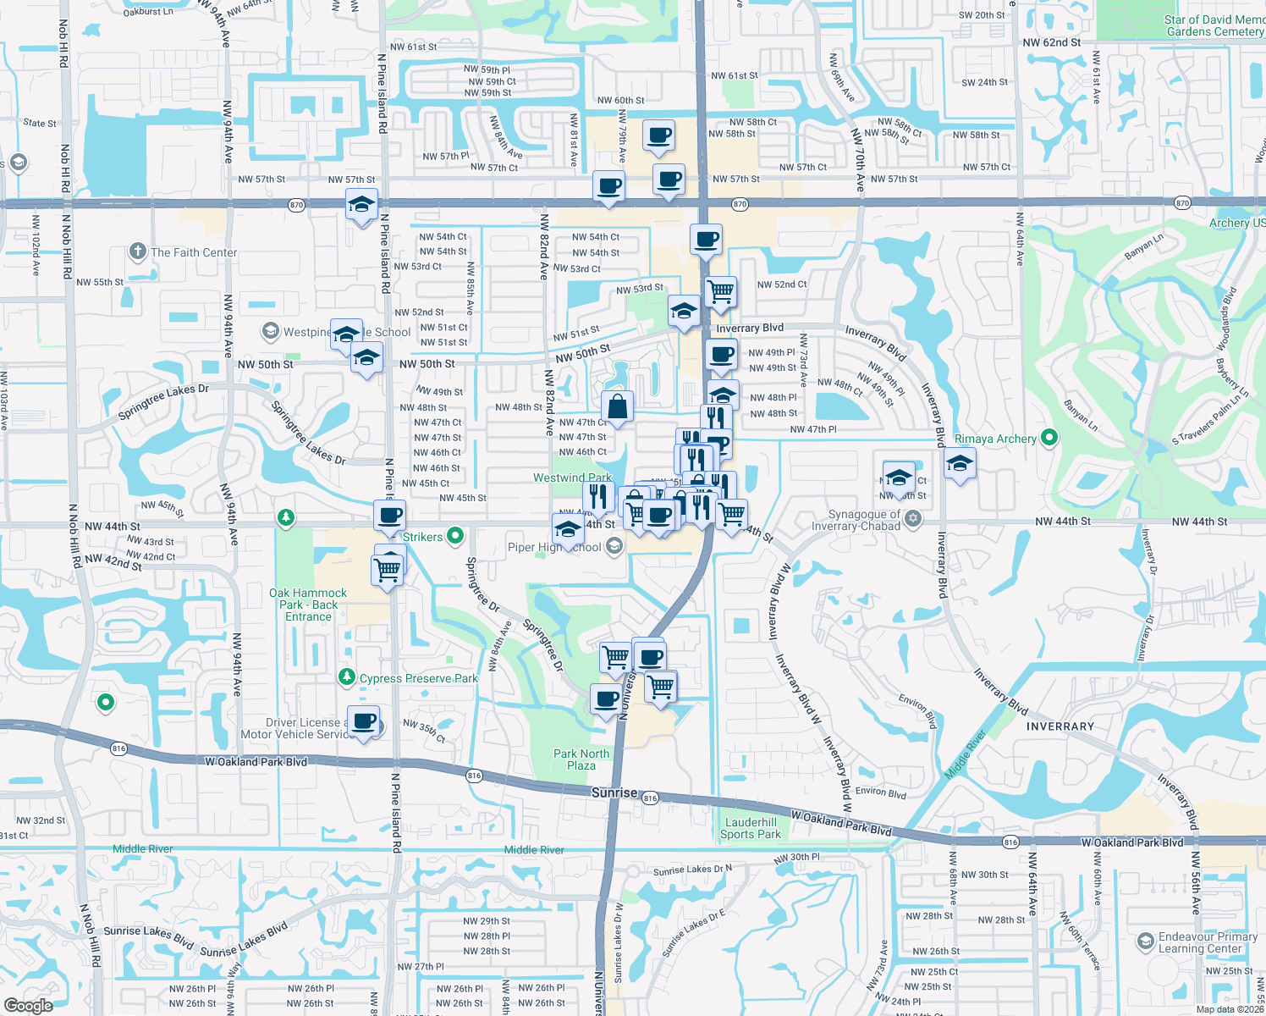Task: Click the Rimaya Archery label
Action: (995, 439)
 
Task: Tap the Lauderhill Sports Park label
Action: (751, 828)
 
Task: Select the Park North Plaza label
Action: (581, 759)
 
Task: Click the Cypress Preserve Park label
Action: (418, 678)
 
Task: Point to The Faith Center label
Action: (194, 252)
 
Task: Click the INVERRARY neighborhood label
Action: (1060, 726)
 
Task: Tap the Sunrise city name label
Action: (614, 792)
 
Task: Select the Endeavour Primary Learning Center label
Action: (1208, 942)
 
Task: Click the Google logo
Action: (28, 1005)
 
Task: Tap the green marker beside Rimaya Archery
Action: (1049, 438)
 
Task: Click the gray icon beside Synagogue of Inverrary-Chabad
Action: (912, 519)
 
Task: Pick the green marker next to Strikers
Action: (455, 535)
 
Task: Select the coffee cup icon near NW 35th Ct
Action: (364, 721)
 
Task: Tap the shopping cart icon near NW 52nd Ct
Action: (720, 291)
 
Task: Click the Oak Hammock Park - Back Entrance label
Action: (308, 605)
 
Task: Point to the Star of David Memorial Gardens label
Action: (1214, 25)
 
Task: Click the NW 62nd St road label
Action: (1051, 42)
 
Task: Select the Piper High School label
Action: (554, 547)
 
